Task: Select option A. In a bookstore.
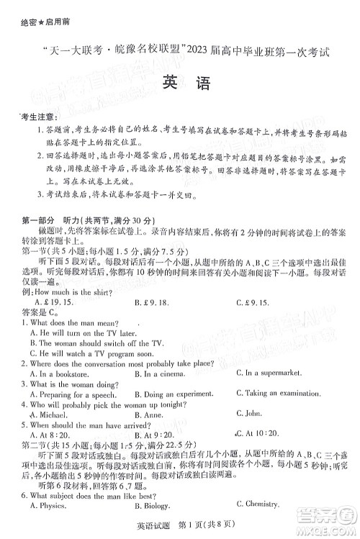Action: click(58, 373)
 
